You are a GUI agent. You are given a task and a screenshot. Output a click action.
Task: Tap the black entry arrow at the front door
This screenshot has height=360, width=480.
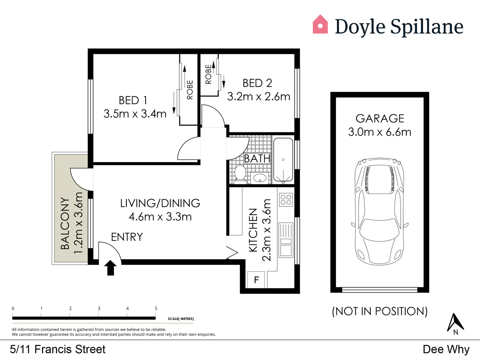(110, 268)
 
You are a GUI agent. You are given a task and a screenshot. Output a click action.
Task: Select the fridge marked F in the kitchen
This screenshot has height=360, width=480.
(256, 280)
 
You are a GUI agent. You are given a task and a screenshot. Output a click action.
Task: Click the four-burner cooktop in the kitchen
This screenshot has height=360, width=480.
(286, 200)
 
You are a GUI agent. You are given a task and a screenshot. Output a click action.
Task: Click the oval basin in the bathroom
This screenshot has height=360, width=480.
(260, 178)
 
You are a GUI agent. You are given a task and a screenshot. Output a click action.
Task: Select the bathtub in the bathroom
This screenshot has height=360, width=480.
(283, 160)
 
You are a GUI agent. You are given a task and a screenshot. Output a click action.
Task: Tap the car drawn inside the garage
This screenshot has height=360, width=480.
(380, 211)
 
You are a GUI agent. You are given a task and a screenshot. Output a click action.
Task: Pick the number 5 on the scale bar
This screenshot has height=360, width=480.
(156, 308)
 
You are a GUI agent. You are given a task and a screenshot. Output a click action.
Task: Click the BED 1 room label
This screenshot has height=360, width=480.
(133, 100)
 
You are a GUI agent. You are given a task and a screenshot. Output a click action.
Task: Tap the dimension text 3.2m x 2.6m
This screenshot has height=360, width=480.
(259, 97)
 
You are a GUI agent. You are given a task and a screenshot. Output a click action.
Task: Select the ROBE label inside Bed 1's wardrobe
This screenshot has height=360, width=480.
(190, 90)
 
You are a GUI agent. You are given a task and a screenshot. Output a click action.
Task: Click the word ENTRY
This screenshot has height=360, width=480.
(127, 237)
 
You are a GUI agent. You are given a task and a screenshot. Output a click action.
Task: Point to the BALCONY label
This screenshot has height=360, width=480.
(65, 223)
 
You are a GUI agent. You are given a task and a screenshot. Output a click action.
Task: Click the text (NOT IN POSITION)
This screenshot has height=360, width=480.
(380, 311)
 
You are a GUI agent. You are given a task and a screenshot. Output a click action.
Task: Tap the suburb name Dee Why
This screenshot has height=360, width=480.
(446, 349)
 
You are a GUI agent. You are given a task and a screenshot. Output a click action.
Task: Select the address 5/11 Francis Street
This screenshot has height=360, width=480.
(58, 349)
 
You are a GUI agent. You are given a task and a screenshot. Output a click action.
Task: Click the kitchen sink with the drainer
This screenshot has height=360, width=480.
(286, 240)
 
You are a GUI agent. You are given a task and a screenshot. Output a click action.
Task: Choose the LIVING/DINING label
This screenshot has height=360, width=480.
(160, 203)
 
